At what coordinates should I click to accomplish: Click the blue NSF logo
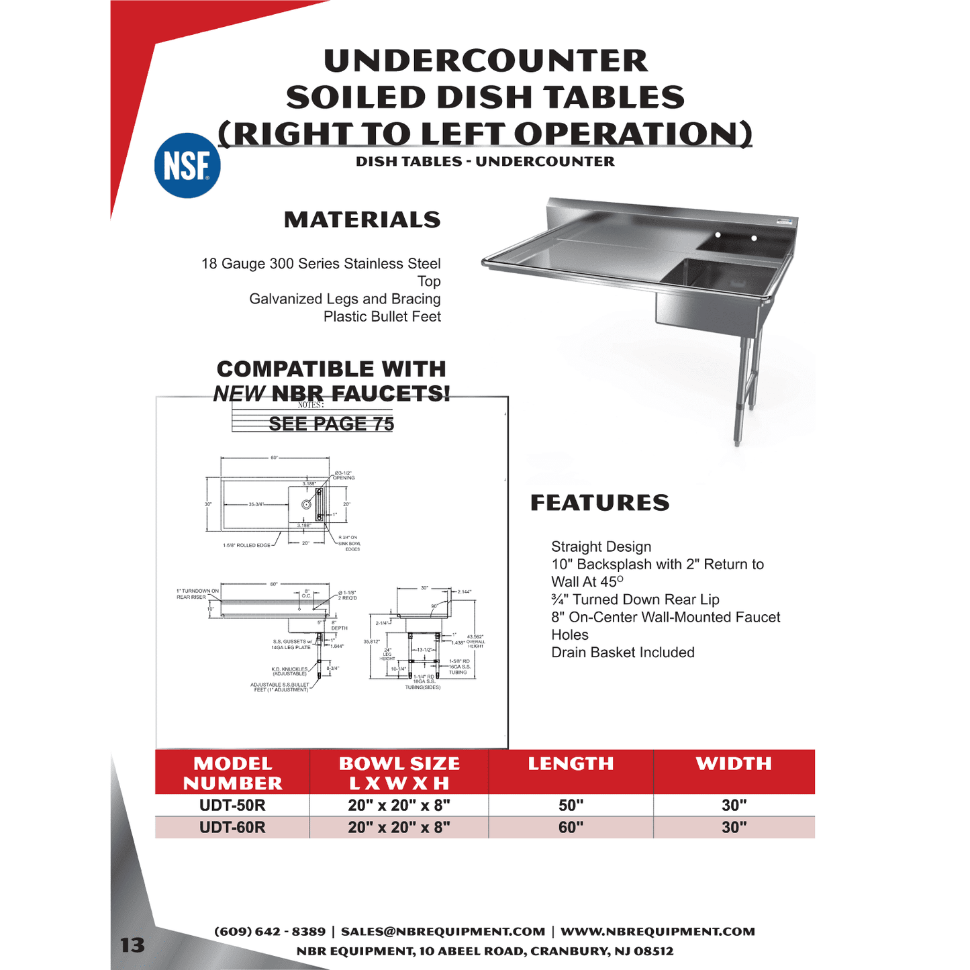pos(187,166)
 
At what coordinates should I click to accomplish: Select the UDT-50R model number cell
pos(232,805)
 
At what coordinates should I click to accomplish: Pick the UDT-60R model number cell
pos(232,827)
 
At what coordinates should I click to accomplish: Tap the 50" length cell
pos(571,805)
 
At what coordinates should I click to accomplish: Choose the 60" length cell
pos(571,827)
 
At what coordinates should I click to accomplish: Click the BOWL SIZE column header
pos(399,773)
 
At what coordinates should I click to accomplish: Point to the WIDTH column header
pos(734,764)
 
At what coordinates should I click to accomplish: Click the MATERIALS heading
pos(362,220)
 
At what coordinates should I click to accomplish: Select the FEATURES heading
pos(599,503)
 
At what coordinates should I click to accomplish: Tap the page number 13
pos(132,945)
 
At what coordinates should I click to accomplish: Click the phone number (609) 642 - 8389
pos(270,932)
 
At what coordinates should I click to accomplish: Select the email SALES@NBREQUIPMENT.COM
pos(443,932)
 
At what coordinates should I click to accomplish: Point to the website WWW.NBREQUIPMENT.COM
pos(657,932)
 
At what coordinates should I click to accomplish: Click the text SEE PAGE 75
pos(331,424)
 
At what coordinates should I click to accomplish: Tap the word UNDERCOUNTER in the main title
pos(485,60)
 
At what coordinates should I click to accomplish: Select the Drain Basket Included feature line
pos(622,652)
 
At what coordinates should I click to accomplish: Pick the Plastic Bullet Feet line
pos(382,317)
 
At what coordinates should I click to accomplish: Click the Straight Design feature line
pos(601,546)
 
